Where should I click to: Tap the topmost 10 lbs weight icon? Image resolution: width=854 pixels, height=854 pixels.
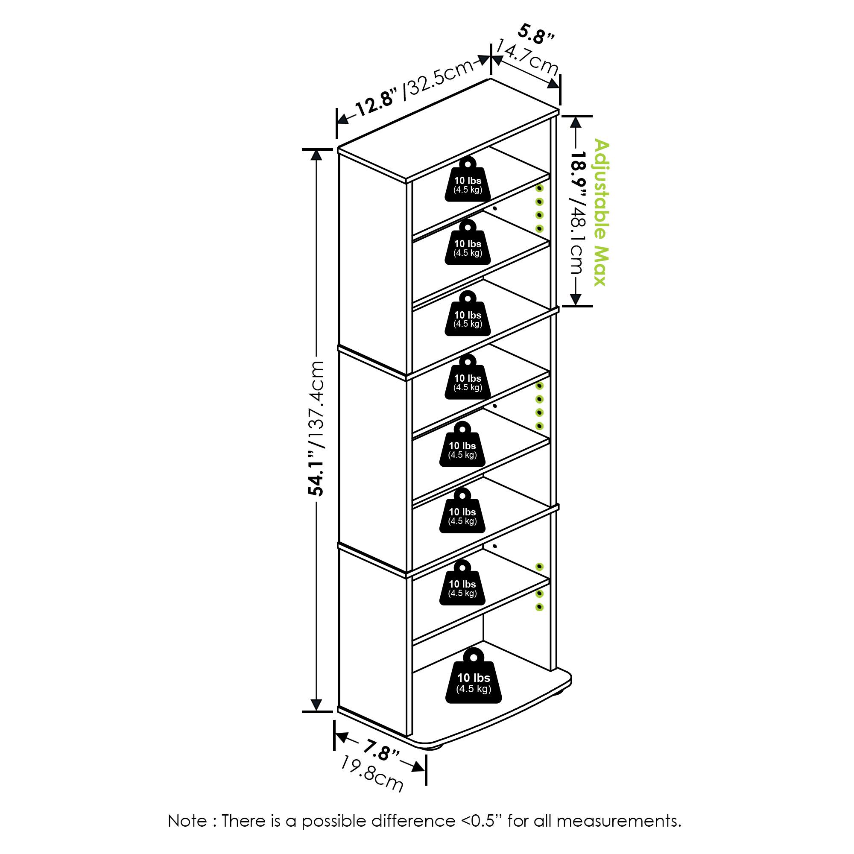pos(468,180)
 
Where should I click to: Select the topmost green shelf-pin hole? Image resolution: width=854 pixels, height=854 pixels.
pos(539,188)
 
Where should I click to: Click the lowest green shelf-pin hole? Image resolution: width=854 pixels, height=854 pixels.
pos(539,607)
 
